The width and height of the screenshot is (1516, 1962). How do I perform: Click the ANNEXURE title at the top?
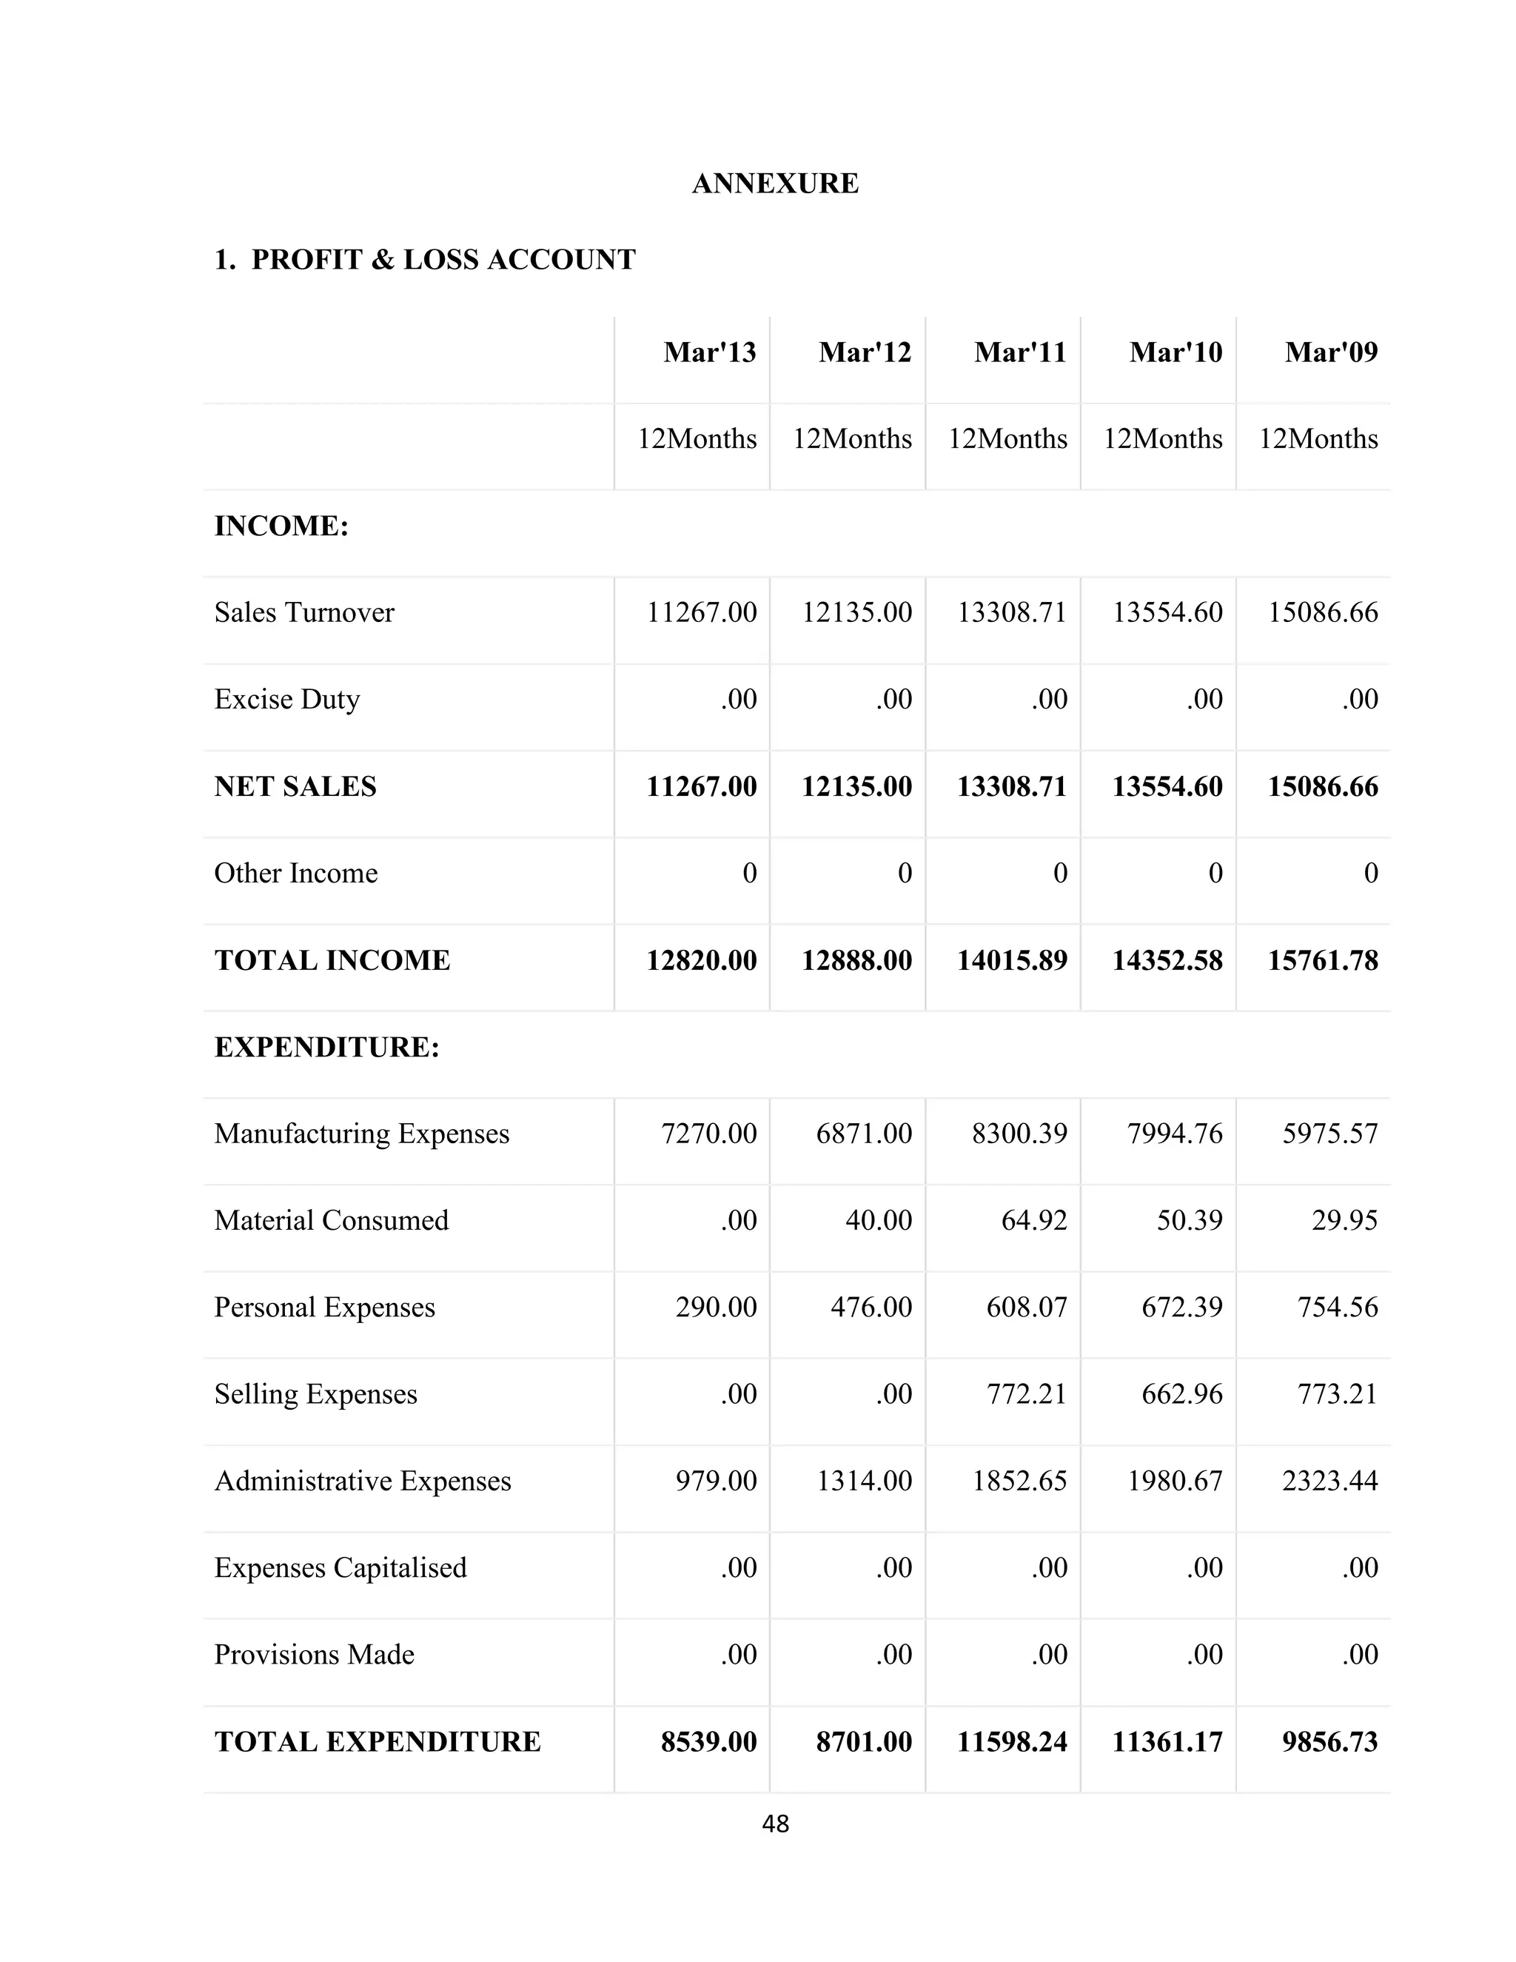774,184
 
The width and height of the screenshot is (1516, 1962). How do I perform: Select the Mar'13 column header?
709,352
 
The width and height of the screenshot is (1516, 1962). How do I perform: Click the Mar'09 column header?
1330,352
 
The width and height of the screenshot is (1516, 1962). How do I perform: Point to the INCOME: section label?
281,526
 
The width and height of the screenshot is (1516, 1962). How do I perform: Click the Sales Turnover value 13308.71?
1011,613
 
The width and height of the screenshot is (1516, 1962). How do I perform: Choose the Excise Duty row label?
286,699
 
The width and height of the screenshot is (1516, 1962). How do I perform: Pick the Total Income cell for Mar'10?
1167,960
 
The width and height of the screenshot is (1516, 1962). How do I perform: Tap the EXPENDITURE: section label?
327,1048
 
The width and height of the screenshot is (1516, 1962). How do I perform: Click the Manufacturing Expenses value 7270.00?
708,1134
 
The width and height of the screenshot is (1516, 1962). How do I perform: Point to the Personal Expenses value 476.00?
871,1307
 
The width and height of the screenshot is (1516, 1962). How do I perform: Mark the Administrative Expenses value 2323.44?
1329,1481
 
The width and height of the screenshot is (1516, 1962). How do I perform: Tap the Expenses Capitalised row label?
341,1567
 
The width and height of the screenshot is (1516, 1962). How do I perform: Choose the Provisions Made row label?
315,1655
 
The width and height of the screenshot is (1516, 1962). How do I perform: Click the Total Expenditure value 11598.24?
1011,1742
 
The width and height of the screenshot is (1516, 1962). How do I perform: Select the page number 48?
775,1824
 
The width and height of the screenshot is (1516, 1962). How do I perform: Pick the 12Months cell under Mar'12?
851,438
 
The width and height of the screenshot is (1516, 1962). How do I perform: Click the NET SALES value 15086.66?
1322,787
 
